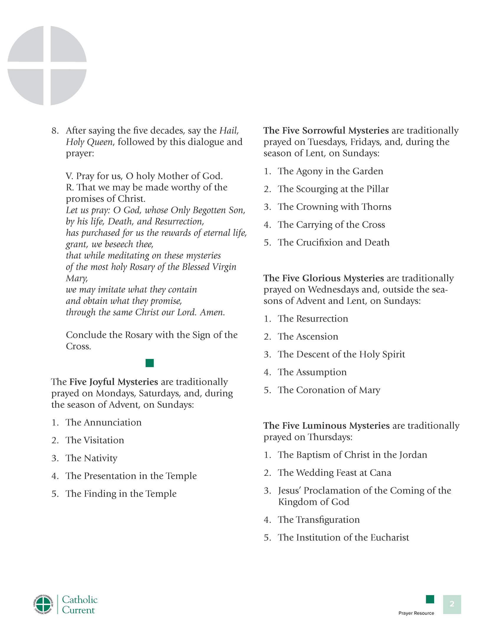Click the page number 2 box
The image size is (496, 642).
click(451, 604)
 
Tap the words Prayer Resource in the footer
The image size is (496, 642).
click(416, 613)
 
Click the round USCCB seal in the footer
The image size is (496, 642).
click(43, 605)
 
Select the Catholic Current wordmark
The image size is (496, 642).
click(80, 605)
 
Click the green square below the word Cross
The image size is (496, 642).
click(149, 363)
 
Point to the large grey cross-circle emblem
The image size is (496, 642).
click(47, 65)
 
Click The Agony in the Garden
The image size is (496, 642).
click(330, 171)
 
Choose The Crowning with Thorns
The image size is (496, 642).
click(334, 207)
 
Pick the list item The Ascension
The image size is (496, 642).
click(308, 336)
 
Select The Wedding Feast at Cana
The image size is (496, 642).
click(334, 473)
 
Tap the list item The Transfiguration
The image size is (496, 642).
click(319, 519)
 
